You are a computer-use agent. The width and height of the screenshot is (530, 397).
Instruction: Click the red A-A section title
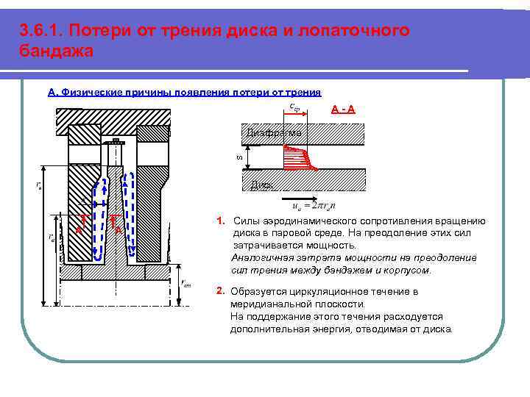click(344, 110)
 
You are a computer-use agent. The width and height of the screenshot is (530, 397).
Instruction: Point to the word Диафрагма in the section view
click(272, 133)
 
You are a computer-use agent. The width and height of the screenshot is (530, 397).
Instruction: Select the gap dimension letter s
click(238, 156)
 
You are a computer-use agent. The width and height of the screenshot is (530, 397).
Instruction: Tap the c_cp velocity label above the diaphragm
click(294, 107)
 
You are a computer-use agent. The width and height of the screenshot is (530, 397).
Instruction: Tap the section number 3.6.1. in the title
click(44, 31)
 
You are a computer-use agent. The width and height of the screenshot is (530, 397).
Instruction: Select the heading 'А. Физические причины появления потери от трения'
click(184, 92)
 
